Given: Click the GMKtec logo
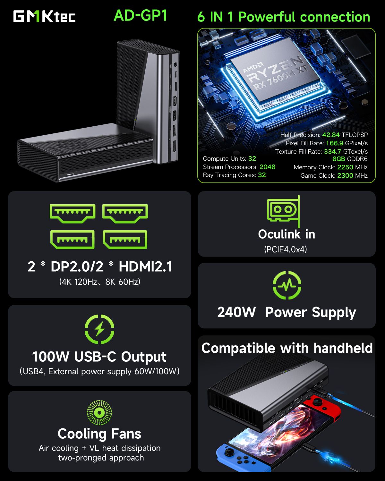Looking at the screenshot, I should (44, 16).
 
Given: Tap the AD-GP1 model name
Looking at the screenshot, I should (141, 15).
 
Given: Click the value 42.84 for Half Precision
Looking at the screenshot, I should (330, 135).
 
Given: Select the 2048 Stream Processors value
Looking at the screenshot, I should (267, 167).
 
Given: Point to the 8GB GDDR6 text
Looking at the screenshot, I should (350, 159).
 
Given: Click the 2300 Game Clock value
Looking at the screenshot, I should (345, 175).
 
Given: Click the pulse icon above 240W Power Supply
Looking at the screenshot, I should (287, 285).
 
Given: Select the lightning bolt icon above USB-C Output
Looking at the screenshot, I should (99, 329).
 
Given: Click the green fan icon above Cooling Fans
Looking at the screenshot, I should (99, 412).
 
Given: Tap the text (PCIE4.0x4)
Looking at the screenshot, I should (286, 249).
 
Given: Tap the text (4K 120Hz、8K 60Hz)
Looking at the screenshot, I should (100, 282).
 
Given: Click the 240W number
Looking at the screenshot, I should (236, 312).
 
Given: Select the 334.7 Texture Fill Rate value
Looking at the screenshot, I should (332, 151).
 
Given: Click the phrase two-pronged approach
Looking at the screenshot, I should (101, 458).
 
